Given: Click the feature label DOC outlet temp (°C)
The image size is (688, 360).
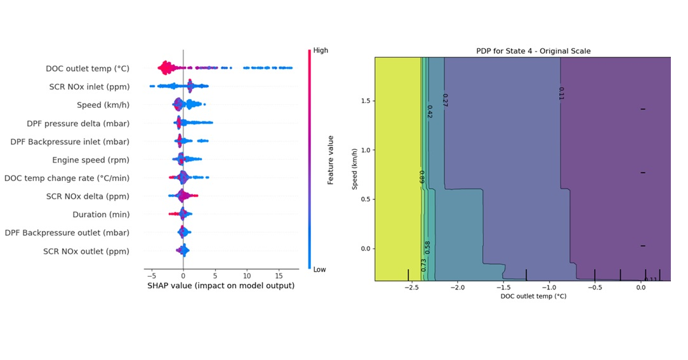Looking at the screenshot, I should click(x=87, y=69).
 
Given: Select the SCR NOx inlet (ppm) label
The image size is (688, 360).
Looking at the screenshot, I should click(x=89, y=87).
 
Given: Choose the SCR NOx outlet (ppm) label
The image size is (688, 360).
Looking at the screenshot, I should click(x=86, y=251).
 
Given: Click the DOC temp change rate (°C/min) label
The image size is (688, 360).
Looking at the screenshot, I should click(x=67, y=178).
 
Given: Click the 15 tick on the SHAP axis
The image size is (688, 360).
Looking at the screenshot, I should click(x=279, y=276).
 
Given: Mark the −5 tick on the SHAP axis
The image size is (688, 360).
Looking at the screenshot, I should click(x=150, y=276).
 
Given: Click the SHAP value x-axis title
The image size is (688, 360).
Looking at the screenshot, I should click(x=221, y=286).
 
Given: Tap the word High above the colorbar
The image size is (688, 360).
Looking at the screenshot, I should click(x=321, y=50).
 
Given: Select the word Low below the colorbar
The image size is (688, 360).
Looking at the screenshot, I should click(x=320, y=269).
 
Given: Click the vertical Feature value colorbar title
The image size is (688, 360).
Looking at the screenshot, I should click(x=331, y=160).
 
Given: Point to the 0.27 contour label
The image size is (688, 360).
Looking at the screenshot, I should click(x=444, y=100).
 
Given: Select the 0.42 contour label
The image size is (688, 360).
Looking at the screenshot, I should click(x=430, y=112).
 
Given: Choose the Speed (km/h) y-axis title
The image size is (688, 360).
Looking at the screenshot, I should click(x=355, y=168).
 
